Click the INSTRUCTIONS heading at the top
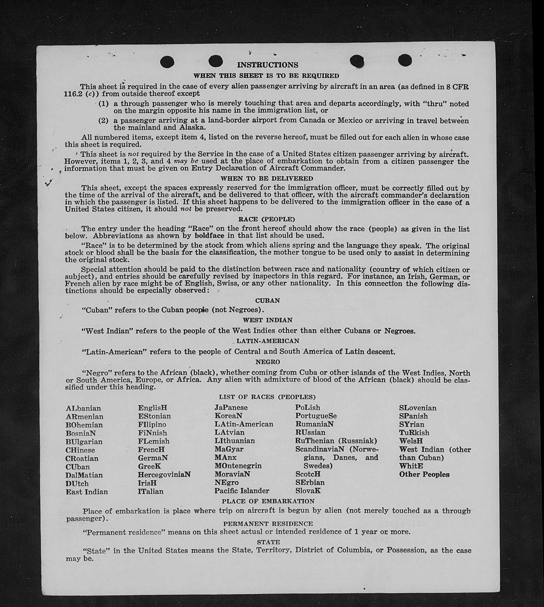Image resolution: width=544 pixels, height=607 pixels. [268, 65]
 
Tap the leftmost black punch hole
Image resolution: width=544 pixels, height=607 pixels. [167, 62]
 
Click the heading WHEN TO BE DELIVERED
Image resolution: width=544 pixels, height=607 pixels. [267, 178]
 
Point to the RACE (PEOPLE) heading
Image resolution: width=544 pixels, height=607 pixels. [267, 219]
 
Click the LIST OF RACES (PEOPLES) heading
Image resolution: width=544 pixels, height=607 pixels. [267, 397]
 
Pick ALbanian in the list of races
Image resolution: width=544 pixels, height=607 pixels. [83, 408]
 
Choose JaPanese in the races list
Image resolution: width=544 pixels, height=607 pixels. [231, 407]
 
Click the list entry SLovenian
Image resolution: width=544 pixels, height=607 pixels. [417, 408]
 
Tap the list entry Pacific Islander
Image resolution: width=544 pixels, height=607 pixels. [242, 491]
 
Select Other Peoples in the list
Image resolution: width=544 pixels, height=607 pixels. [424, 475]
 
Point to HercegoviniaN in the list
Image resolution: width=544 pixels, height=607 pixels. [164, 475]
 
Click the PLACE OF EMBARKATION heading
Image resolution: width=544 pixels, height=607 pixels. [268, 501]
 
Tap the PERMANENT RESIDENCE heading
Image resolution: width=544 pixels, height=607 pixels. [268, 524]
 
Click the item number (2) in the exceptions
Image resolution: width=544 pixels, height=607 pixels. [103, 120]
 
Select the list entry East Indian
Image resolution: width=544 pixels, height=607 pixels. [87, 492]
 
